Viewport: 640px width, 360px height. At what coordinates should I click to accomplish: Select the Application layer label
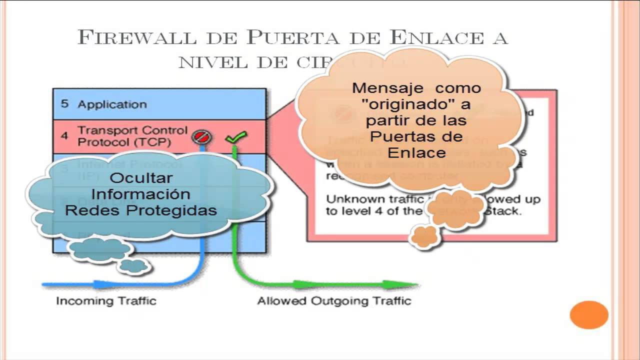click(112, 104)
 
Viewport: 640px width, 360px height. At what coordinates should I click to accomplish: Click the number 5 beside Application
click(64, 104)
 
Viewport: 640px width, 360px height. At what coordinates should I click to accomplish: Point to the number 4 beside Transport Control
click(64, 136)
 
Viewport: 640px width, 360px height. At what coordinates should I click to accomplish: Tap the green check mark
click(236, 136)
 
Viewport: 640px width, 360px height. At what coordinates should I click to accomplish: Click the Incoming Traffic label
click(106, 301)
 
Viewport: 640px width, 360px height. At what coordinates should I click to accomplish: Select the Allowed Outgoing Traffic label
click(334, 301)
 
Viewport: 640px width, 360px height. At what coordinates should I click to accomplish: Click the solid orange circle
click(589, 315)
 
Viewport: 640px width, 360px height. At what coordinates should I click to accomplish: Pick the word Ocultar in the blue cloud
click(141, 178)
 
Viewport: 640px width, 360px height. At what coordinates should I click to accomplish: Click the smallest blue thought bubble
click(133, 266)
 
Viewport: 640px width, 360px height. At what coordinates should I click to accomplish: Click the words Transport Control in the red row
click(132, 130)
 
